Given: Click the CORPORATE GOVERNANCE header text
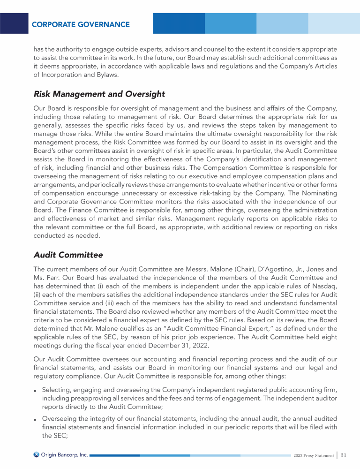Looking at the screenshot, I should (x=81, y=24).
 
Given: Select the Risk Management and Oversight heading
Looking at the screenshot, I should (x=99, y=94).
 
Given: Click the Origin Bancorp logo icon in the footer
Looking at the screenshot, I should (x=37, y=454).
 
